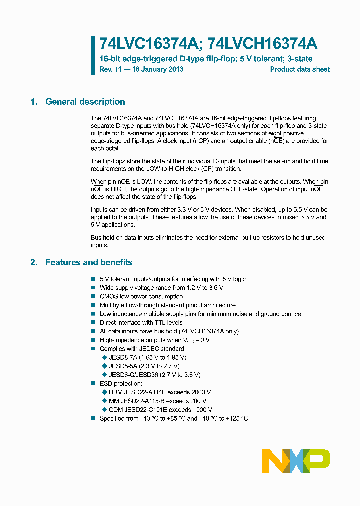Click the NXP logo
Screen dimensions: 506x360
pyautogui.click(x=296, y=461)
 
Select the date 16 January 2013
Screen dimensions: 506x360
pyautogui.click(x=158, y=69)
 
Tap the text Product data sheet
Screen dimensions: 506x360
pyautogui.click(x=300, y=69)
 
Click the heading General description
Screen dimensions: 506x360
pyautogui.click(x=85, y=102)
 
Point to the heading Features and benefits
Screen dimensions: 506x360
pyautogui.click(x=89, y=262)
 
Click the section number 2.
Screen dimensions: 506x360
pyautogui.click(x=33, y=262)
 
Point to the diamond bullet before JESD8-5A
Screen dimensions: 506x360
pyautogui.click(x=104, y=366)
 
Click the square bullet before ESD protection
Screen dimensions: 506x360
pyautogui.click(x=93, y=383)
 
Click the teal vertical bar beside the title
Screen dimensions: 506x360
pyautogui.click(x=93, y=55)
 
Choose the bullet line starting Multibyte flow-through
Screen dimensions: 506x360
pyautogui.click(x=167, y=305)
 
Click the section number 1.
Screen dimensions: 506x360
pyautogui.click(x=33, y=102)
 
